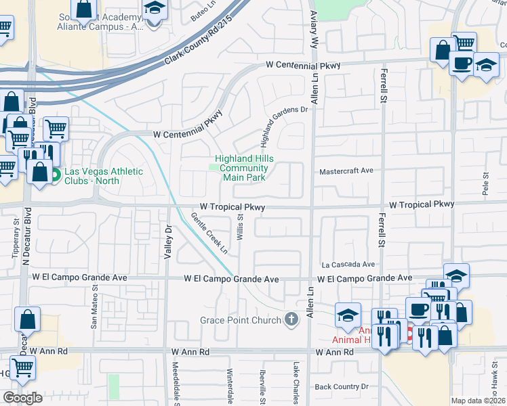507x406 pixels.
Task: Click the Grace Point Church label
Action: pos(241,319)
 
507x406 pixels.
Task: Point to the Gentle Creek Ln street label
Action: pos(209,233)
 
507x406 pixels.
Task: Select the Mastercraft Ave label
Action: pos(346,171)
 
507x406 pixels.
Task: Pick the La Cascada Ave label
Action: pos(348,265)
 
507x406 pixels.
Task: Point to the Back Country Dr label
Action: pos(341,387)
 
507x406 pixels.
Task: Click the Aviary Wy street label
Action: pos(313,27)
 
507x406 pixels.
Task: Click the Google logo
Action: pos(22,398)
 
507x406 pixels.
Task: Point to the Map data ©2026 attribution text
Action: pos(477,401)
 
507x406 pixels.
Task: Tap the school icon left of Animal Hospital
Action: pos(348,315)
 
